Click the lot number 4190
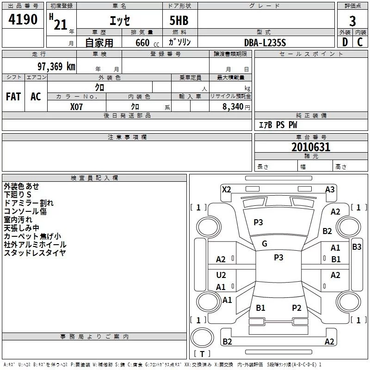pyautogui.click(x=23, y=20)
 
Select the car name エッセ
pyautogui.click(x=119, y=21)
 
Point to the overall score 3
pyautogui.click(x=352, y=21)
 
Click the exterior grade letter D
pyautogui.click(x=345, y=42)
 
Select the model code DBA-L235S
pyautogui.click(x=265, y=43)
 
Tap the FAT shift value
pyautogui.click(x=13, y=97)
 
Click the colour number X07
pyautogui.click(x=77, y=106)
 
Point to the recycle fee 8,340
pyautogui.click(x=234, y=106)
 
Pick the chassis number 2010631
pyautogui.click(x=311, y=148)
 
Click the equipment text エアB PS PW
pyautogui.click(x=278, y=125)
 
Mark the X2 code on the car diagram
pyautogui.click(x=227, y=189)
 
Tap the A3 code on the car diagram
pyautogui.click(x=330, y=189)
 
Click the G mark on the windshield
pyautogui.click(x=265, y=244)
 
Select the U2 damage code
pyautogui.click(x=221, y=275)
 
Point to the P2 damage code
pyautogui.click(x=296, y=308)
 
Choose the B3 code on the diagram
pyautogui.click(x=357, y=247)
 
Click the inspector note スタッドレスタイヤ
pyautogui.click(x=35, y=253)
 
